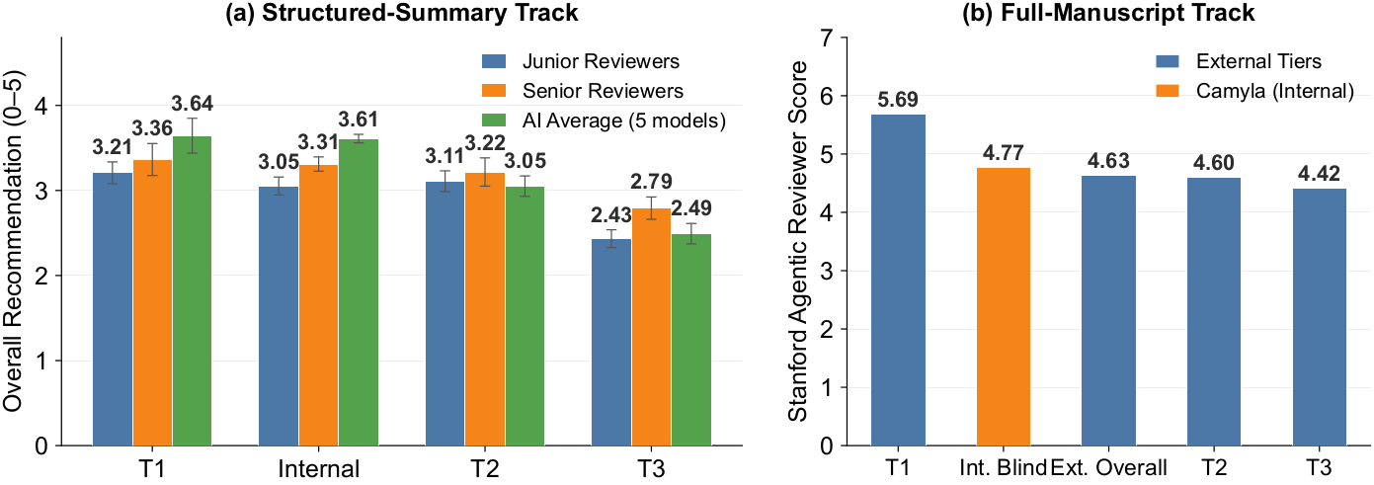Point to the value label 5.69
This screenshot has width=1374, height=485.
[x=898, y=100]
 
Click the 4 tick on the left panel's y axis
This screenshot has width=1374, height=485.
[x=41, y=106]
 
